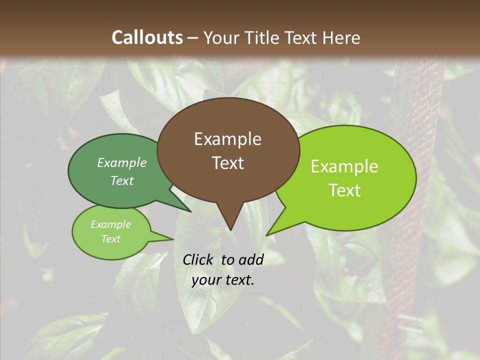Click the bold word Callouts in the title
tap(147, 37)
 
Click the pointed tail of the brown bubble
tap(230, 220)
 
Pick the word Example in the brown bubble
tap(227, 139)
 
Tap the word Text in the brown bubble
tap(227, 163)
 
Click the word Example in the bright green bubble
tap(344, 166)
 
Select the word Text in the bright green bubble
tap(344, 190)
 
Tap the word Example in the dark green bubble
tap(122, 163)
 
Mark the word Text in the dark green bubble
tap(122, 181)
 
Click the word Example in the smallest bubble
tap(110, 224)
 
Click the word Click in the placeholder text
tap(198, 259)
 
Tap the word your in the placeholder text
tap(206, 280)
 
